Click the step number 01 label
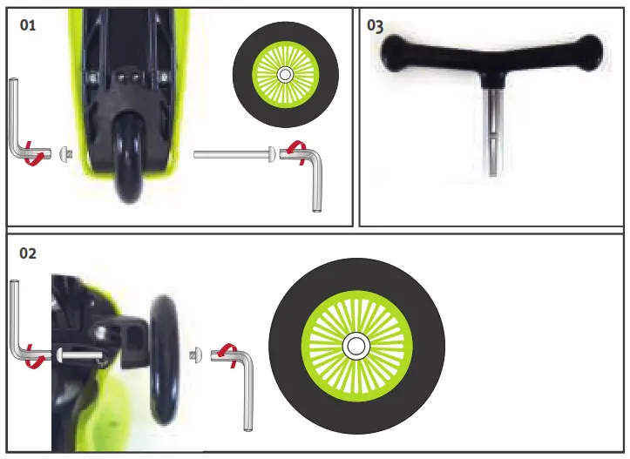coord(28,25)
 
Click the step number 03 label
coord(376,25)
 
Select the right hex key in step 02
coord(247,392)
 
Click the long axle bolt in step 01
coord(231,155)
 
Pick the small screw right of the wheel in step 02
coord(195,354)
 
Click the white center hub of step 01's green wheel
coord(285,75)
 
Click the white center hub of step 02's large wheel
coord(356,346)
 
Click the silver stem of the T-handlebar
coord(492,131)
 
